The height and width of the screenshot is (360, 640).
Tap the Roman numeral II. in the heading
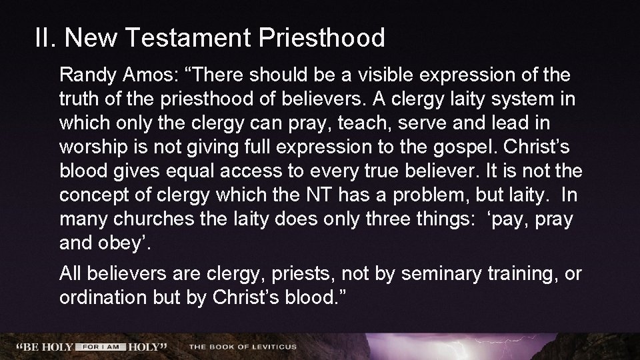pyautogui.click(x=47, y=38)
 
